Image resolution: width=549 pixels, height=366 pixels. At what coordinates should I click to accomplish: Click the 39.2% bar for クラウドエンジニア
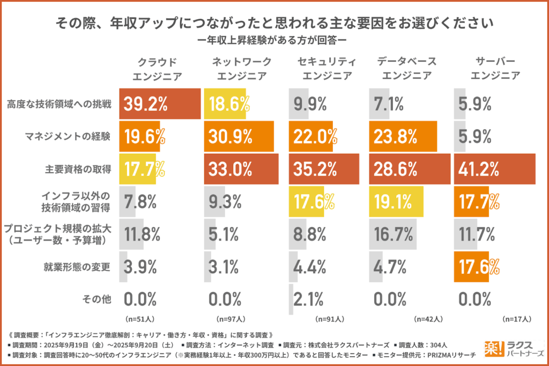pos(160,104)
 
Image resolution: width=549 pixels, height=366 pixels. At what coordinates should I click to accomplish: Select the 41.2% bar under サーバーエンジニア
pos(494,169)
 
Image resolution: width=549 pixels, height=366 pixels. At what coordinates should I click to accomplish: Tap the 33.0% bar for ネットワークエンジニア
pos(241,169)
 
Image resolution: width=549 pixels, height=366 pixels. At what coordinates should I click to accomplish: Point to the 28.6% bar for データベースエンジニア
pos(410,169)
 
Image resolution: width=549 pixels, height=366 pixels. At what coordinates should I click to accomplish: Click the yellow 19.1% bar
pos(396,201)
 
